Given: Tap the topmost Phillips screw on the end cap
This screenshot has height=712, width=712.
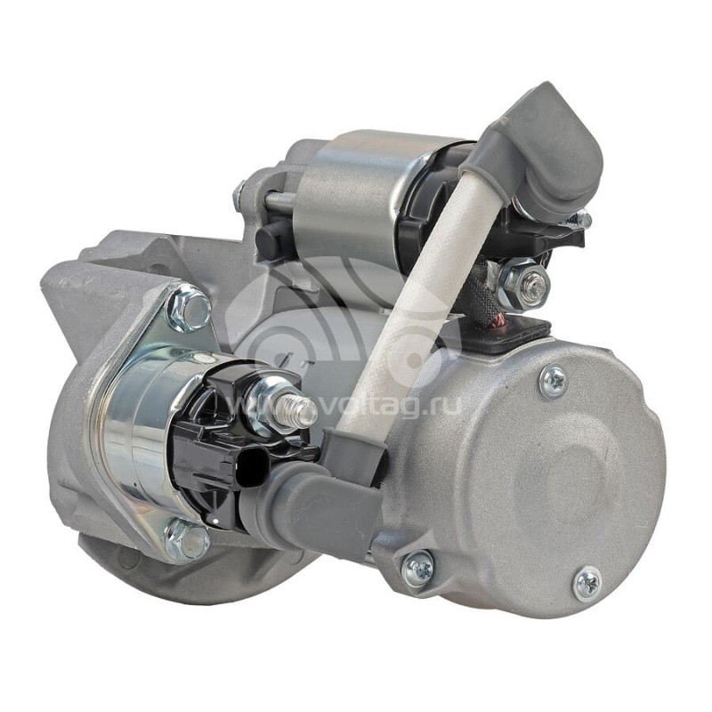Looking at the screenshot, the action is click(x=554, y=379).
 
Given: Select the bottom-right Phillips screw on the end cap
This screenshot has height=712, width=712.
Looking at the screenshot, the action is click(x=588, y=583).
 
